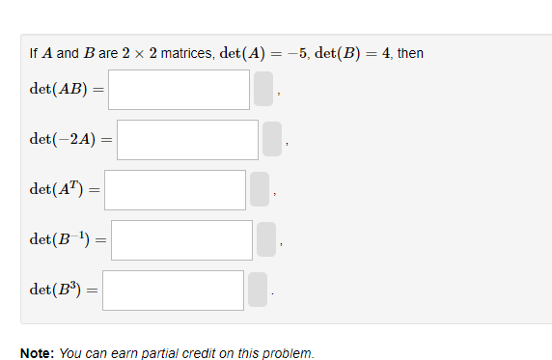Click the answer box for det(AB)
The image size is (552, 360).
pos(179,90)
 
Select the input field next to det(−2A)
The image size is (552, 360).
pos(187,140)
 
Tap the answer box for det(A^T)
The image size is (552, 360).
pos(175,190)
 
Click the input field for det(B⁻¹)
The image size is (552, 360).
pos(181,240)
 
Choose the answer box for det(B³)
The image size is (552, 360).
pos(173,291)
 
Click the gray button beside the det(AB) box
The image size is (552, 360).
pos(264,90)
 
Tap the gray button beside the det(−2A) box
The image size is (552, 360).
pos(273,140)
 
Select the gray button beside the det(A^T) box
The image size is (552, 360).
pos(260,190)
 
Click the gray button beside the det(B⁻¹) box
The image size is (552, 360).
pos(266,240)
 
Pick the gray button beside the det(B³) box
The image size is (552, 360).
pos(258,291)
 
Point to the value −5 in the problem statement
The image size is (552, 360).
pos(295,53)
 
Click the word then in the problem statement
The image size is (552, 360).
pos(410,53)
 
